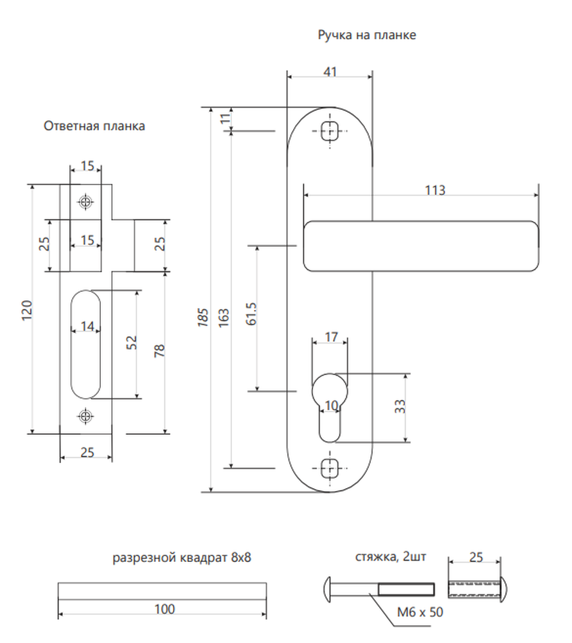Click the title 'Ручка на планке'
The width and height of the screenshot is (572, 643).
[367, 35]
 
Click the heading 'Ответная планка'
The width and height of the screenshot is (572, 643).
[94, 126]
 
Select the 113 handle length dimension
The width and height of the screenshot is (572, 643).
[434, 190]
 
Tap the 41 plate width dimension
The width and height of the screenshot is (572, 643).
[330, 72]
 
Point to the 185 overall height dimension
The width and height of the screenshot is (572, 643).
[203, 318]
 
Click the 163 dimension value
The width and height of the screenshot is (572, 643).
[224, 318]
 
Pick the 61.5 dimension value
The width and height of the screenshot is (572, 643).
[251, 314]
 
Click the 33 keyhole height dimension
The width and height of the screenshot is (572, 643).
[400, 406]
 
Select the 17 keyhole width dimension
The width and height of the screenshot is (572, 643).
[332, 337]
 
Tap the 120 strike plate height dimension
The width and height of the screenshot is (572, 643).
[27, 311]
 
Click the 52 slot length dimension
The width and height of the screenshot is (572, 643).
[132, 343]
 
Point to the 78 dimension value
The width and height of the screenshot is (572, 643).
[159, 350]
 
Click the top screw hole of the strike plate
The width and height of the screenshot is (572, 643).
[85, 202]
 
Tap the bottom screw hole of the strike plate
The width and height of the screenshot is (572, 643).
[85, 416]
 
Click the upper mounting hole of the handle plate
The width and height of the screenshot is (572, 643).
[330, 131]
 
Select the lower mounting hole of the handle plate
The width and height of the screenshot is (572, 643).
[330, 468]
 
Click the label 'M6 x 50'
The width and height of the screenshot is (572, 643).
[420, 612]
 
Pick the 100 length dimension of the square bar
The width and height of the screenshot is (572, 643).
[165, 609]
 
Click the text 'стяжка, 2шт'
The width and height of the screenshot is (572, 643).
[391, 557]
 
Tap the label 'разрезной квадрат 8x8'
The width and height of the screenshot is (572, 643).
[182, 558]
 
